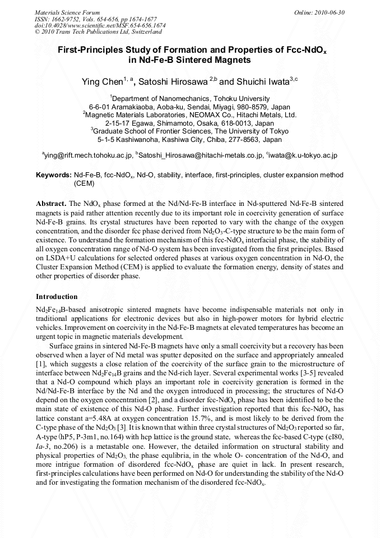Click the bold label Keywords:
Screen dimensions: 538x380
tap(53, 175)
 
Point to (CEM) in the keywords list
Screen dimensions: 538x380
tap(84, 183)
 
